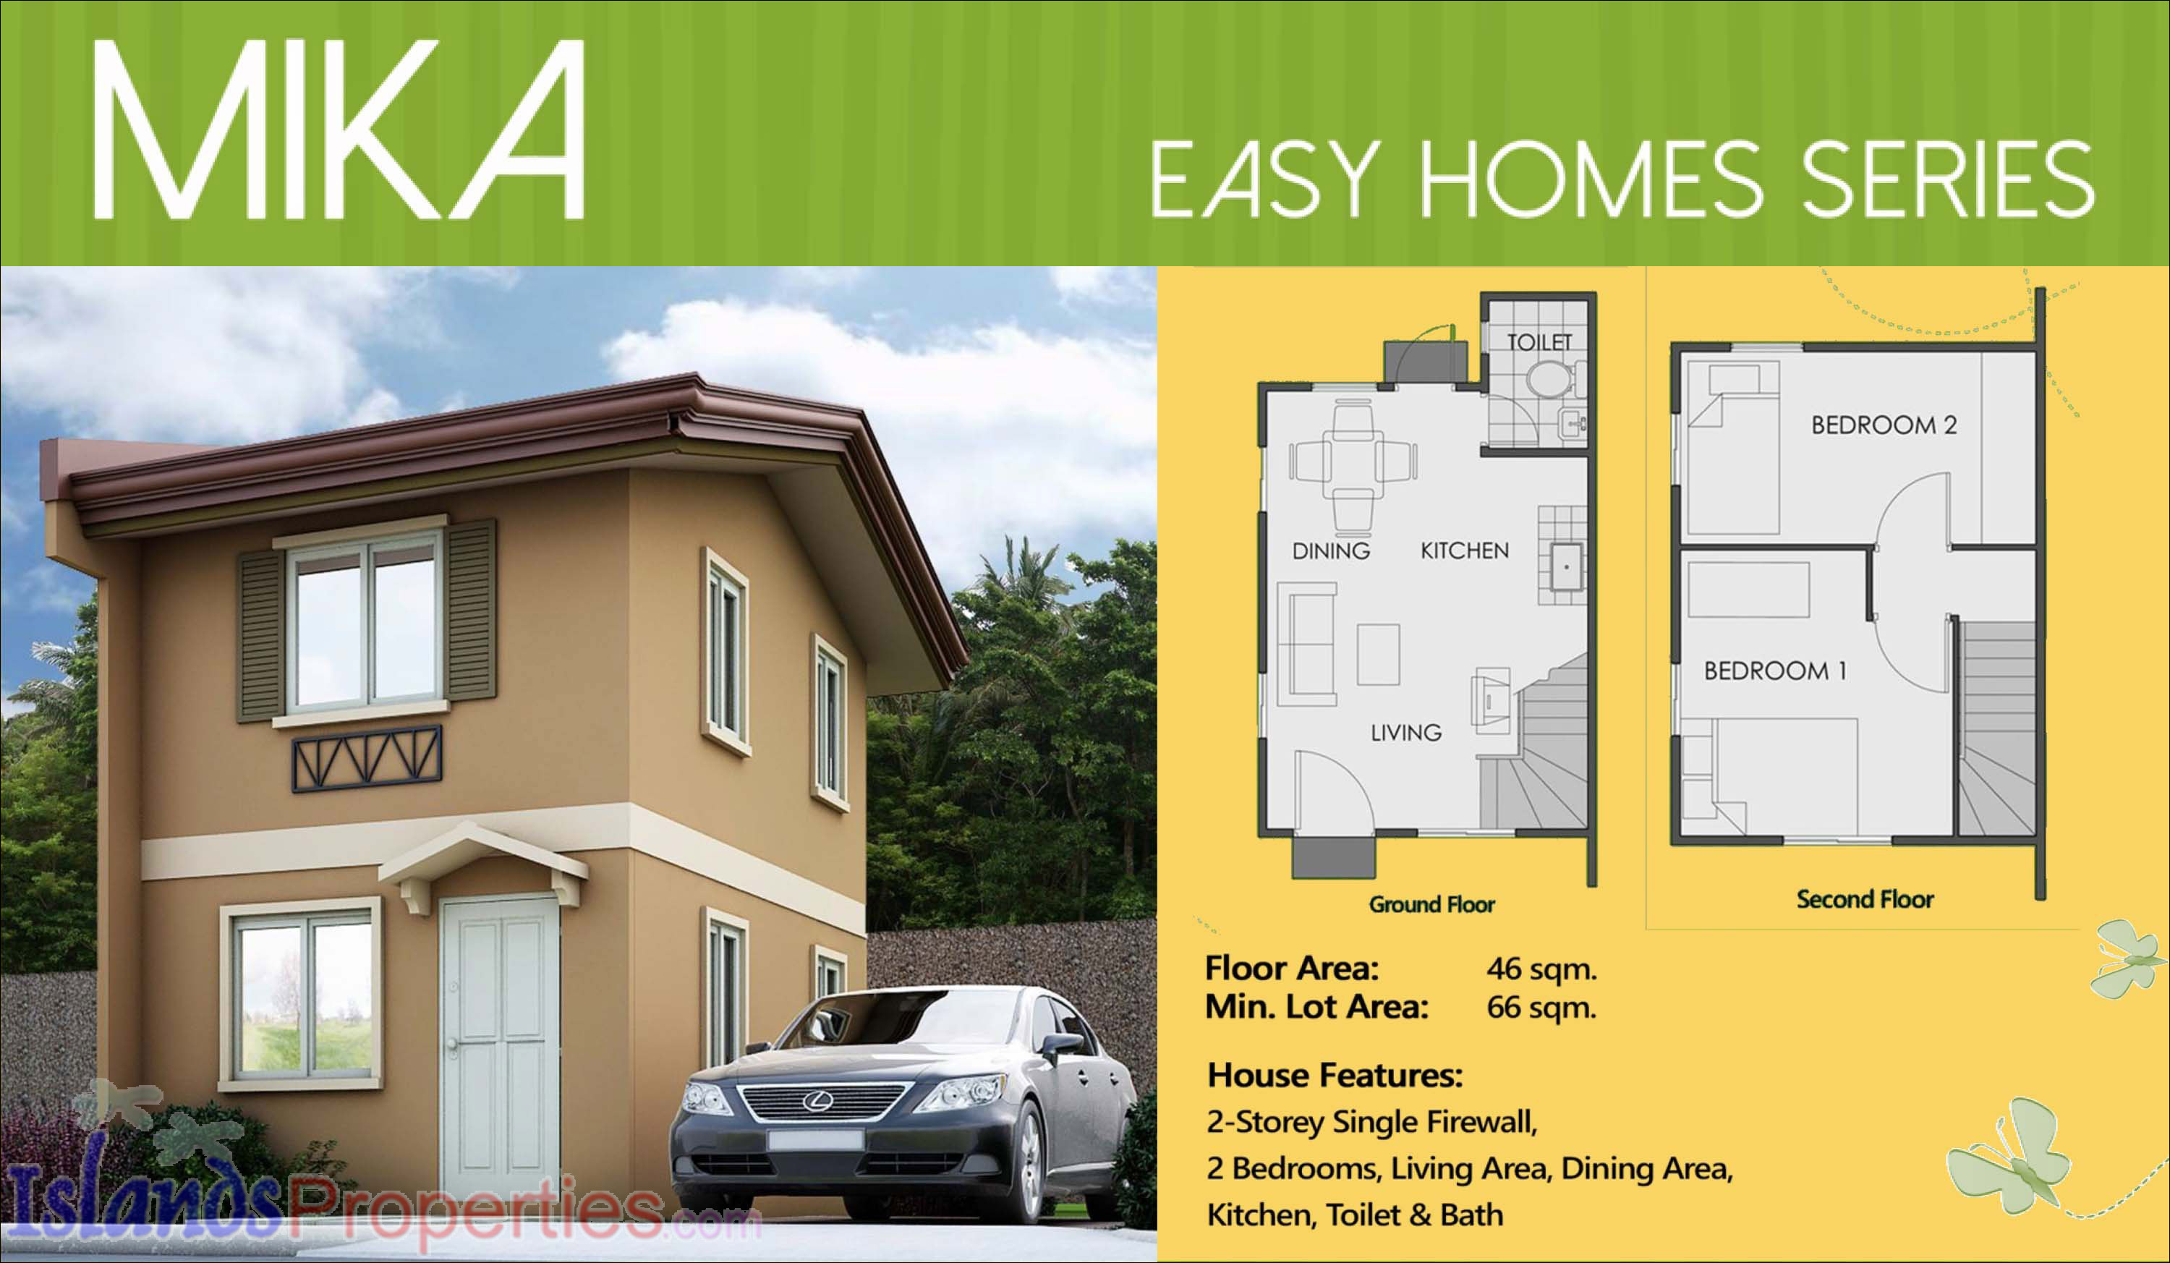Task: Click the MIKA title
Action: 339,129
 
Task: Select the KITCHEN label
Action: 1465,551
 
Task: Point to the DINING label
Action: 1331,551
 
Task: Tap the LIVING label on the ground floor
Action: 1406,733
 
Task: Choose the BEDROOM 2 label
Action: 1884,425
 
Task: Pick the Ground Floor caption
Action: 1432,905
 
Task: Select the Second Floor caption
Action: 1865,900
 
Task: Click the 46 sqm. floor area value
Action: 1541,969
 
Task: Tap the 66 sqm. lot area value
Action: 1541,1008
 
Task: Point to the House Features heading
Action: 1335,1076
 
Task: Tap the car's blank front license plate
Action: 814,1141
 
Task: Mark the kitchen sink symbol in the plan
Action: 1566,566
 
